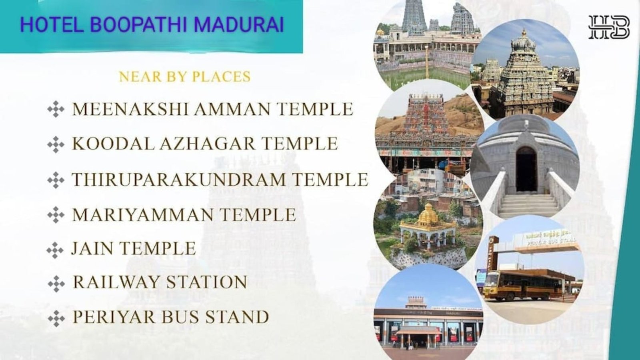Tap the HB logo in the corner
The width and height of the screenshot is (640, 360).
point(609,27)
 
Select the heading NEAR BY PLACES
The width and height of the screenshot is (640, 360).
point(185,76)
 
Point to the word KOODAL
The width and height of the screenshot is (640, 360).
point(113,144)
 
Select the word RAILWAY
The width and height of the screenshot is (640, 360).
point(116,282)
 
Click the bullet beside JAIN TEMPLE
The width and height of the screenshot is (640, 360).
point(55,250)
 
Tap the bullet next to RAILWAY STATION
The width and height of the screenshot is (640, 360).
point(56,284)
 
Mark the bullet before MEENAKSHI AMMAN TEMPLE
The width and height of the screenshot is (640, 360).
point(56,109)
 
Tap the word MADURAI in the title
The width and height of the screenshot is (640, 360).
point(239,24)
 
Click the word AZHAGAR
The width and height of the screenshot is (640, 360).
point(207,144)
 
